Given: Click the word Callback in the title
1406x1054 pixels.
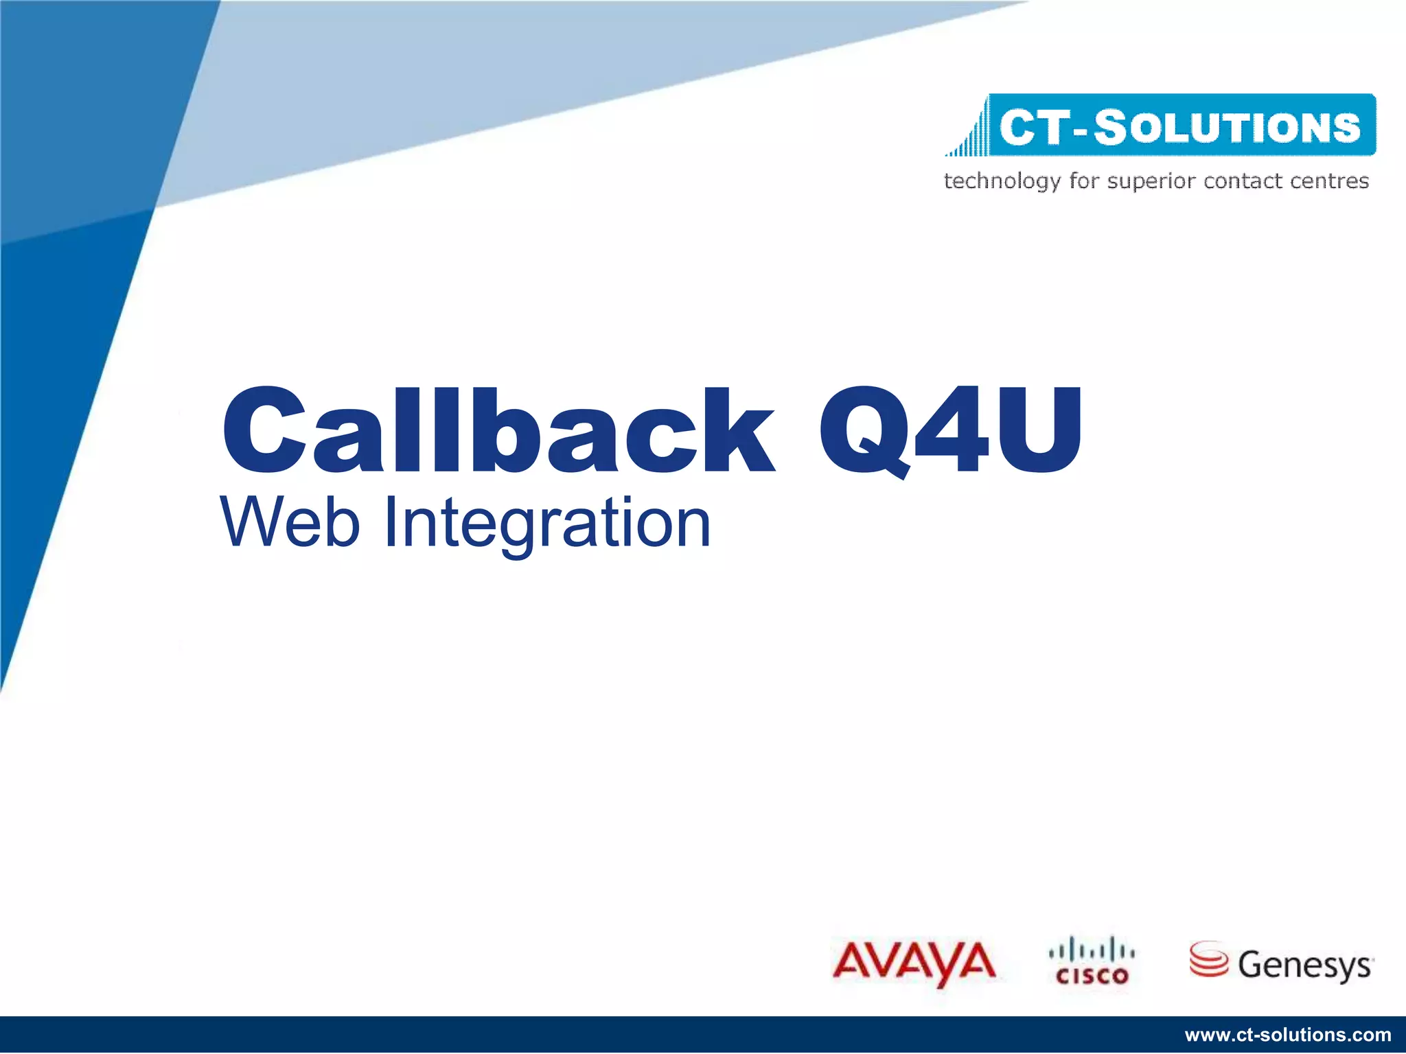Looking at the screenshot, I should coord(498,430).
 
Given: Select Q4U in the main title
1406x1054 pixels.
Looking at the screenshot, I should coord(951,430).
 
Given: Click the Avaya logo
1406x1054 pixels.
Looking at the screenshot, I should coord(914,962).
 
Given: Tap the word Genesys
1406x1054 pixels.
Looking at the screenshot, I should coord(1304,965).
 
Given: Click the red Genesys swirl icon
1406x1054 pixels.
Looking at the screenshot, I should coord(1208,959).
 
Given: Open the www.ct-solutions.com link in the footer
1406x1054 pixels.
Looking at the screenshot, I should coord(1288,1035).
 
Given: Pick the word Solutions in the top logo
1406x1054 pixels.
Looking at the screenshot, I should coord(1227,127).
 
